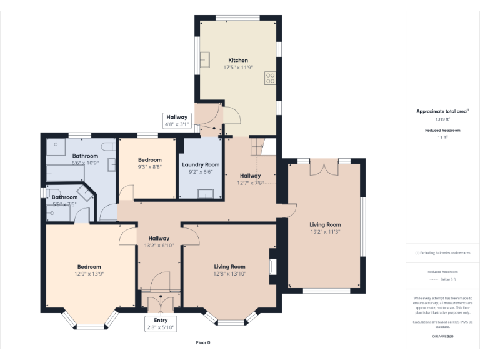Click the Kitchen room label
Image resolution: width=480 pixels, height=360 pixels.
[x=237, y=60]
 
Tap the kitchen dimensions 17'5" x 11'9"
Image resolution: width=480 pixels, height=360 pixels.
[x=237, y=67]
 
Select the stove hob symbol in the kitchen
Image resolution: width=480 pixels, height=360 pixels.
[x=271, y=78]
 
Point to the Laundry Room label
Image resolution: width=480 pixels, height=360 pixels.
[x=201, y=164]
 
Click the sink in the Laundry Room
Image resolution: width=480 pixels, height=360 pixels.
[x=206, y=193]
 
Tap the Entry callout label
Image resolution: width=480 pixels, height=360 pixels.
[x=161, y=320]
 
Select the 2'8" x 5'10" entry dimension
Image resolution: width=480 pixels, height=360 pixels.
[x=161, y=327]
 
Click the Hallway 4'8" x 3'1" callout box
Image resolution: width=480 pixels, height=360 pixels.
[x=176, y=120]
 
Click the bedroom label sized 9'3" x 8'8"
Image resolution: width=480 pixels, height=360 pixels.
[x=149, y=160]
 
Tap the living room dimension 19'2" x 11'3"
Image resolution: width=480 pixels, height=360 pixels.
[x=325, y=231]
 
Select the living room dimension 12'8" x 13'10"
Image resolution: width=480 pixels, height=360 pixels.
[x=229, y=273]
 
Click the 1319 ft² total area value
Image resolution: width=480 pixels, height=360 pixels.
[x=442, y=119]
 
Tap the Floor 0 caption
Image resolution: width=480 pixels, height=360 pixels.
[x=203, y=342]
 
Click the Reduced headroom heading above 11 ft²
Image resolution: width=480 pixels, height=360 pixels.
[x=442, y=130]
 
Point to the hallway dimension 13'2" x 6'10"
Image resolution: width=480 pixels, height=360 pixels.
[x=159, y=245]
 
